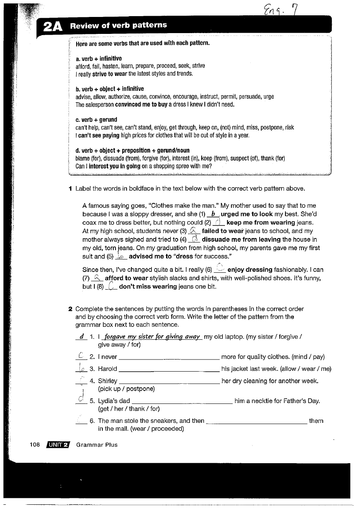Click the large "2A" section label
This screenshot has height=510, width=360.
(52, 27)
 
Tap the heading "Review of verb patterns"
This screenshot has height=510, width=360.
(118, 25)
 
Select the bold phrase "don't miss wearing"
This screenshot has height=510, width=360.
(148, 286)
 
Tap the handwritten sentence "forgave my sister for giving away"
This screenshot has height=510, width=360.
(153, 337)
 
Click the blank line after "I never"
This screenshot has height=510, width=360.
(169, 357)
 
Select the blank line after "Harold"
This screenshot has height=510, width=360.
(169, 370)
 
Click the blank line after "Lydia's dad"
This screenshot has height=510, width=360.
(182, 402)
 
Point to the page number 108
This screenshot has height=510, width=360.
(35, 445)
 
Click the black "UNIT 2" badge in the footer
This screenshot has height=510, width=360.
(58, 445)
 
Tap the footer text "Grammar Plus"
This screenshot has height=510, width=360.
(97, 445)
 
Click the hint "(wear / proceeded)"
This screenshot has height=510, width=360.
(141, 428)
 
